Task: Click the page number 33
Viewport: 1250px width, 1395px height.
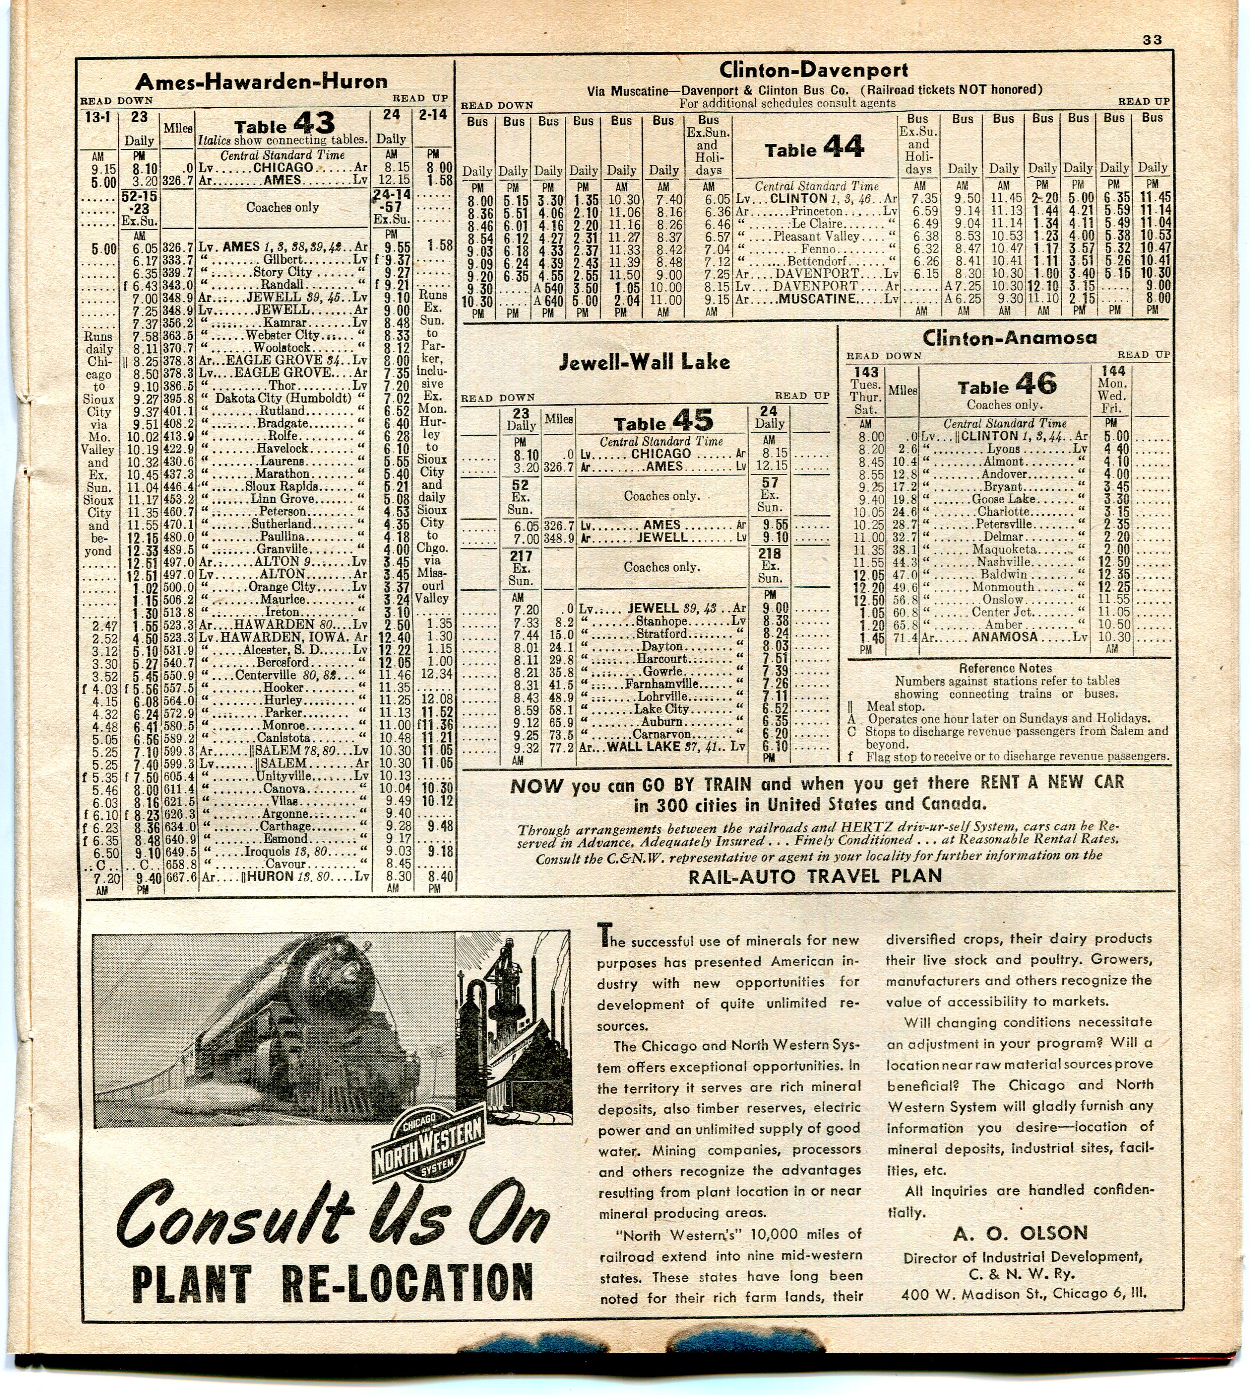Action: [1152, 40]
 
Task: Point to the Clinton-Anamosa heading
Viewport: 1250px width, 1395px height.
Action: [1009, 337]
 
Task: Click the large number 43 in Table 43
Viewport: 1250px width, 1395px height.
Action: [313, 124]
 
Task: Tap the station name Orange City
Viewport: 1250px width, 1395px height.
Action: [282, 587]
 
